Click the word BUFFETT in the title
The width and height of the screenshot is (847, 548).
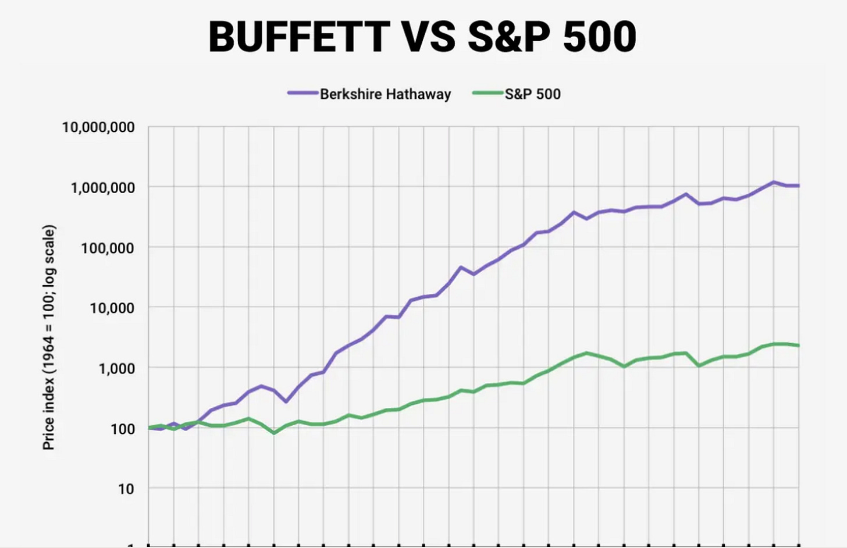tap(299, 37)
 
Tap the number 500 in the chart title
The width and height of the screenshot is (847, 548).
tap(600, 37)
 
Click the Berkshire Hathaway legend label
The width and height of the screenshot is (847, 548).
tap(385, 94)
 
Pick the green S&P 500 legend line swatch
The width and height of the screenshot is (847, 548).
tap(488, 92)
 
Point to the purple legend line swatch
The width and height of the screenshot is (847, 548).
tap(303, 92)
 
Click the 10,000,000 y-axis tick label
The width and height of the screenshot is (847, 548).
tap(98, 127)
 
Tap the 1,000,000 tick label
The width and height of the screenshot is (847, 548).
tap(102, 187)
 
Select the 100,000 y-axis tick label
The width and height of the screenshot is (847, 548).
tap(108, 248)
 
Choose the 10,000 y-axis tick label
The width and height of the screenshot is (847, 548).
tap(112, 308)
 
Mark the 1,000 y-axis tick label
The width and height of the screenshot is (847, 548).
tap(116, 368)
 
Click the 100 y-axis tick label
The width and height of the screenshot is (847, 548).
tap(123, 429)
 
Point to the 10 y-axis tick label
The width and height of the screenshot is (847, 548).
tap(126, 489)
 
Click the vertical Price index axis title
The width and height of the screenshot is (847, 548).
tap(49, 337)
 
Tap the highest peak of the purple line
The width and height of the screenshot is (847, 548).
tap(774, 182)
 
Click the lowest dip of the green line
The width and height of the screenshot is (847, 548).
tap(274, 433)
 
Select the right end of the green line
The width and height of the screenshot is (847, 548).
tap(799, 346)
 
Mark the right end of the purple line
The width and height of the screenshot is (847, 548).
tap(799, 186)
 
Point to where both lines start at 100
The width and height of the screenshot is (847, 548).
tap(148, 428)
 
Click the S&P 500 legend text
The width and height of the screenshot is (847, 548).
tap(532, 94)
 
